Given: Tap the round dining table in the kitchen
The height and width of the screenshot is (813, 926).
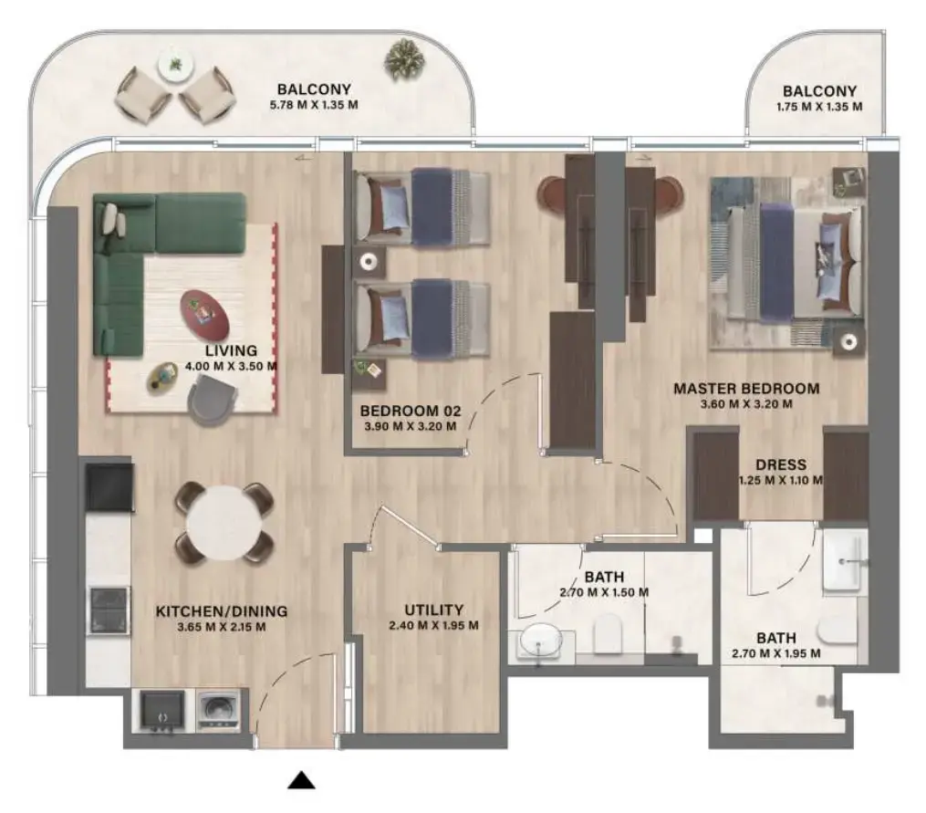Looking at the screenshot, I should (224, 522).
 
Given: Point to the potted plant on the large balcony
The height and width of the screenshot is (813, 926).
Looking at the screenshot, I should (403, 59).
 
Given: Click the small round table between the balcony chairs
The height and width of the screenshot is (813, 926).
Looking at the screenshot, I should (173, 67).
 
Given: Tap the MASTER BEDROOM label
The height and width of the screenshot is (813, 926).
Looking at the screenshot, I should (746, 389).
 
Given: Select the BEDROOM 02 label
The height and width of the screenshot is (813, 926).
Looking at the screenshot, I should (409, 410).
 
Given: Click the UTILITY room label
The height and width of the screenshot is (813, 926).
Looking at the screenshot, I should (434, 610).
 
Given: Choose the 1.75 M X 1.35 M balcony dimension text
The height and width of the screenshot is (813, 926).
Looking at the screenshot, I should (819, 107).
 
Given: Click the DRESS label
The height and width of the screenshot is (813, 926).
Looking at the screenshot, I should (781, 464).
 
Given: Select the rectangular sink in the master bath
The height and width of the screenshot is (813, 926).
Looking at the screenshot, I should (844, 562).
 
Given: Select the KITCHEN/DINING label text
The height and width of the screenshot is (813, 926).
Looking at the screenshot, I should (221, 611).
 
